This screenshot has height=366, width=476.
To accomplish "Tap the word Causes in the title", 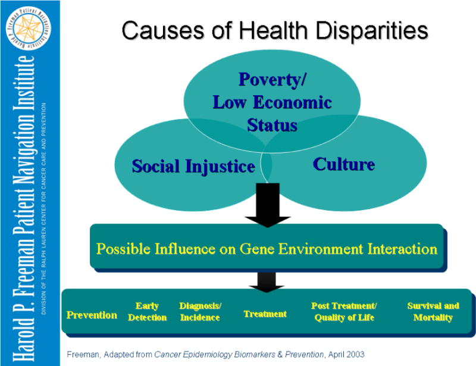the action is pyautogui.click(x=162, y=31).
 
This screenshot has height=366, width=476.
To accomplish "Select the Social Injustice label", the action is pyautogui.click(x=193, y=167).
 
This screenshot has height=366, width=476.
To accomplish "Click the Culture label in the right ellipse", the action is pyautogui.click(x=344, y=164).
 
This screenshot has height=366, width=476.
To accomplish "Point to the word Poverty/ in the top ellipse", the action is pyautogui.click(x=273, y=80).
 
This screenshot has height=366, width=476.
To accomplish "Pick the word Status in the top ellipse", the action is pyautogui.click(x=272, y=125).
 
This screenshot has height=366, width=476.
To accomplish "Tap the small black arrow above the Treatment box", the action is pyautogui.click(x=267, y=282).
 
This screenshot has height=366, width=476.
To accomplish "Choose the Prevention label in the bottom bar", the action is pyautogui.click(x=92, y=315).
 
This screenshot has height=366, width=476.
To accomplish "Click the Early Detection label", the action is pyautogui.click(x=147, y=312).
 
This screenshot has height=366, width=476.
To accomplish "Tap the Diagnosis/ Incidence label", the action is pyautogui.click(x=200, y=312).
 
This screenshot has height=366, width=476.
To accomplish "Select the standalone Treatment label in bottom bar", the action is pyautogui.click(x=265, y=314).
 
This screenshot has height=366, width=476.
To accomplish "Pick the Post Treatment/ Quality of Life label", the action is pyautogui.click(x=344, y=312).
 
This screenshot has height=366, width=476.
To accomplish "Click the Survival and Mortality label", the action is pyautogui.click(x=433, y=312).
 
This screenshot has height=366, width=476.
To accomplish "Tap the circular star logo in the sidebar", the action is pyautogui.click(x=28, y=28).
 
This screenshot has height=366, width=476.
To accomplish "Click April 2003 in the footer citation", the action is pyautogui.click(x=346, y=355).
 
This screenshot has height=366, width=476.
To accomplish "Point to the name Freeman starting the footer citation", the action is pyautogui.click(x=83, y=355).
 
